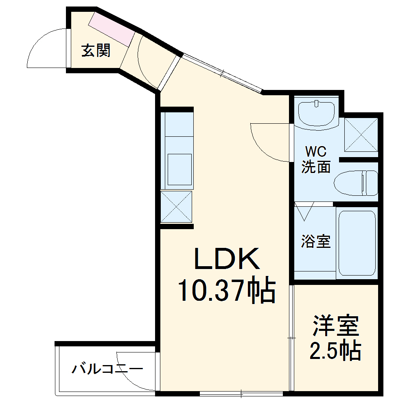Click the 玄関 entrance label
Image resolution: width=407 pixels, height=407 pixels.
96,51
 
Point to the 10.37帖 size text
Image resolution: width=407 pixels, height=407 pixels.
226,291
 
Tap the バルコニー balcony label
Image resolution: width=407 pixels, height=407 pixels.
107,369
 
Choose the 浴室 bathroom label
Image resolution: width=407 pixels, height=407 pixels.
315,241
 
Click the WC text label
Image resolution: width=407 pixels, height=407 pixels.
316,152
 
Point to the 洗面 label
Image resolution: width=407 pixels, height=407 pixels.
316,167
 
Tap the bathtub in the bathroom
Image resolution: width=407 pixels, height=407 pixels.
357,243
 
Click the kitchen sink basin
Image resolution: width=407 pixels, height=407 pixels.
179,169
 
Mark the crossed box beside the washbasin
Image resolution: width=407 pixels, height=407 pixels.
361,135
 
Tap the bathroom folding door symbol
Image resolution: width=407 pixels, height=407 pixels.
303,211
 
